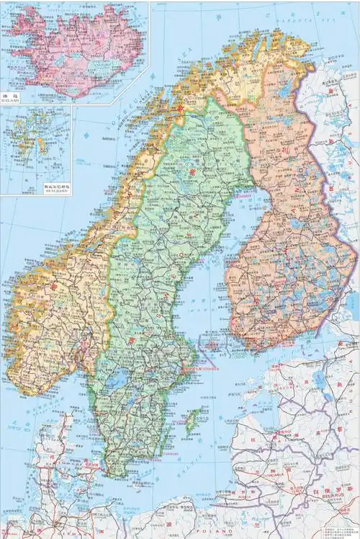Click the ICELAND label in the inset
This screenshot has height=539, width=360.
point(10,102)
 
